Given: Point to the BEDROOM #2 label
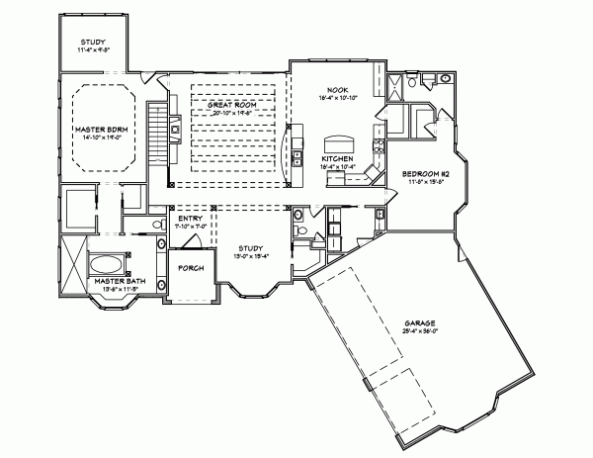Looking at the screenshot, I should coord(419,174).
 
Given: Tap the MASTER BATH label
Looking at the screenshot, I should coord(113,281).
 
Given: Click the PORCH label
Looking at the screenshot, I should coord(190,268).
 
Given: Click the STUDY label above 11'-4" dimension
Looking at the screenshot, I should coord(93,42).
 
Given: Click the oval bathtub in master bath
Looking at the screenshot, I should coord(106,264).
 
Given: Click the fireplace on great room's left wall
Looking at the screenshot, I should coord(173,127).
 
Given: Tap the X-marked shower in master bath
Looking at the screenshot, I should coord(72,257).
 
